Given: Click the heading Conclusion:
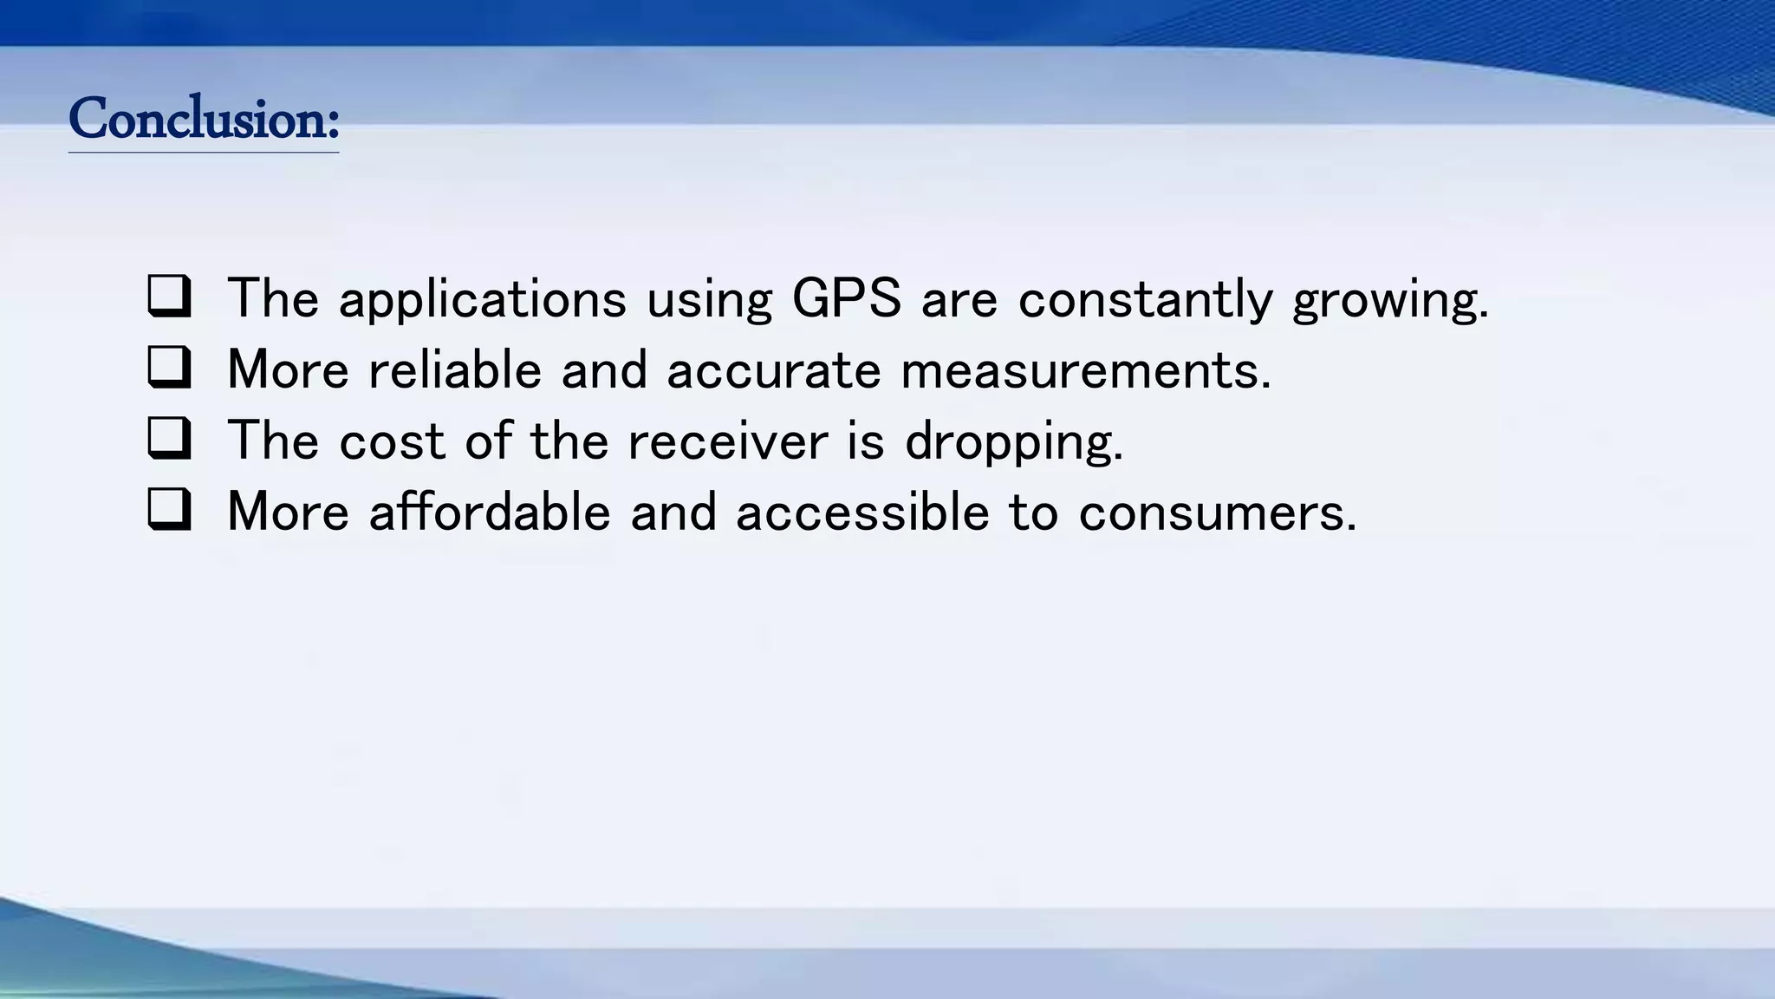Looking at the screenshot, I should tap(204, 119).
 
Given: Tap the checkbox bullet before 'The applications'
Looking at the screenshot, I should tap(169, 297).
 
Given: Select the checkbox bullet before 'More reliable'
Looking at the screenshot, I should tap(169, 368).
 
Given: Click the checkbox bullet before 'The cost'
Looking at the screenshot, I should tap(169, 439).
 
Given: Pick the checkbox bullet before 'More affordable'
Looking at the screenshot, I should tap(169, 510).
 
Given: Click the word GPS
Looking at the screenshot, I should tap(846, 298).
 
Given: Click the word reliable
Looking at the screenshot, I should tap(455, 369).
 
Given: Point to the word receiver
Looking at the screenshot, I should tap(727, 441).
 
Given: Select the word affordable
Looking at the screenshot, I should tap(490, 512).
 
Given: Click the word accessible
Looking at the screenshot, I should tap(862, 512).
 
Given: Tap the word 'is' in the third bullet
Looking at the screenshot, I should tap(866, 441).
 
